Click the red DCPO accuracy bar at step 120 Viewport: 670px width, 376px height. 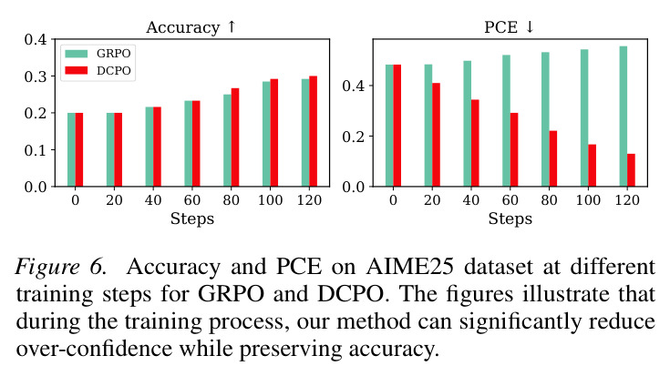[314, 131]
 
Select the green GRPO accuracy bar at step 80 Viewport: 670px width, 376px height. [227, 140]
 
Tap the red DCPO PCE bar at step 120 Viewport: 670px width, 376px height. [631, 170]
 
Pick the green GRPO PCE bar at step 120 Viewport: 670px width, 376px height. [624, 117]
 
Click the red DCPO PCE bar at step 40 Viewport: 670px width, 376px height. [475, 143]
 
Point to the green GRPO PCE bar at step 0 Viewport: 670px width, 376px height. [389, 126]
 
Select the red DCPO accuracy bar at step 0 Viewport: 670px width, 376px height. [79, 149]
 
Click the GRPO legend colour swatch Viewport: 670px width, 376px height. [77, 54]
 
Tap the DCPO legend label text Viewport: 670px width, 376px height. [114, 70]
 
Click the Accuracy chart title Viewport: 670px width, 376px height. [191, 27]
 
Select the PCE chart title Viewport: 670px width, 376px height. [509, 27]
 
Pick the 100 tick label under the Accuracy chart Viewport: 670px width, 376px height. [270, 199]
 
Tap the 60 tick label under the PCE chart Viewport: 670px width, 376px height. [510, 199]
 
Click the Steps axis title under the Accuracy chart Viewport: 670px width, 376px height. [191, 218]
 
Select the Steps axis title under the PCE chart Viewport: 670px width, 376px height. [510, 218]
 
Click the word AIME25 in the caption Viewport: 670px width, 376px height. [409, 267]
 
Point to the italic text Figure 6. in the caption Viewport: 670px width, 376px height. [61, 268]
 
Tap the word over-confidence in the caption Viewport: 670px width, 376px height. [94, 349]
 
